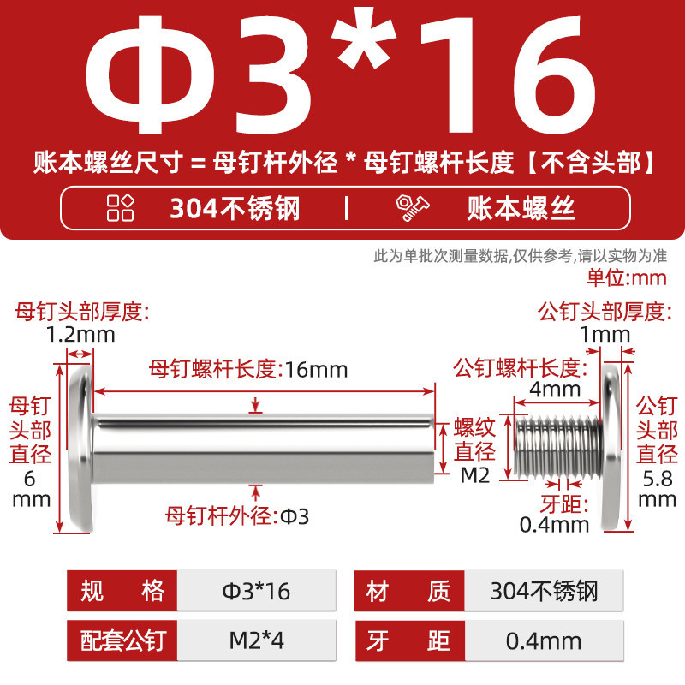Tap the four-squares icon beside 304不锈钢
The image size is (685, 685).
[x=120, y=207]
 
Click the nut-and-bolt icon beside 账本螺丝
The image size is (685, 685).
[x=412, y=208]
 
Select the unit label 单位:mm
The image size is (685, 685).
[x=626, y=277]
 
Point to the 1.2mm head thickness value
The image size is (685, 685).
[x=80, y=335]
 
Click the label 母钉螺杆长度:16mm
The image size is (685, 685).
[x=248, y=369]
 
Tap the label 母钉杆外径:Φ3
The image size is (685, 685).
[x=237, y=516]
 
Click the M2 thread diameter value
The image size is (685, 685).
[x=475, y=475]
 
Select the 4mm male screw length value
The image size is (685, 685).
[x=555, y=389]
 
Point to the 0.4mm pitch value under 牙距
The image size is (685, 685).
[x=554, y=525]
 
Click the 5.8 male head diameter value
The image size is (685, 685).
[x=657, y=479]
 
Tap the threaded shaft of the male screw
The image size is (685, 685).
[x=558, y=446]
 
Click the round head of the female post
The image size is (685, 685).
[x=81, y=448]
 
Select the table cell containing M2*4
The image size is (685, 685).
[x=256, y=640]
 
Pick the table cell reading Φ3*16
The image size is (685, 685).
[x=256, y=591]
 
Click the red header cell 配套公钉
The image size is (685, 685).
[x=122, y=640]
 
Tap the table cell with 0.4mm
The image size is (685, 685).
[x=544, y=640]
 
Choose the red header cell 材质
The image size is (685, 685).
[x=409, y=591]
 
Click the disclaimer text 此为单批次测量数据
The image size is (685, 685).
[x=441, y=255]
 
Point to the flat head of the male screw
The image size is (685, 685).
[x=611, y=448]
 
